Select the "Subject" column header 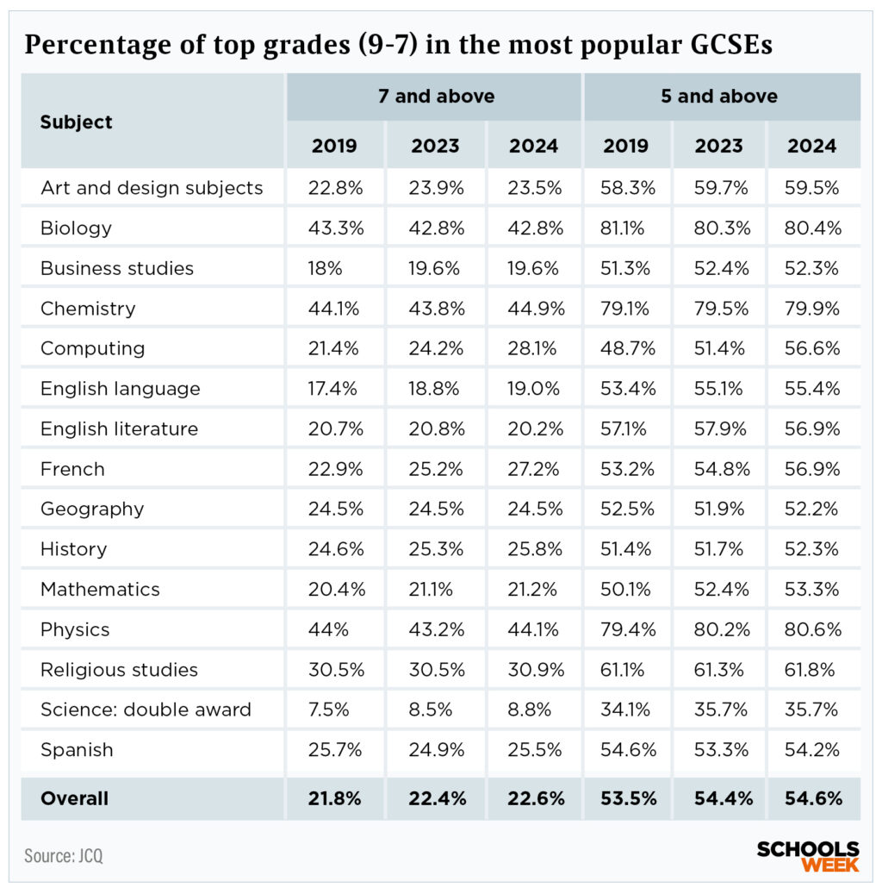point(76,122)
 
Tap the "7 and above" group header point(436,97)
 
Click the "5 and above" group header point(719,97)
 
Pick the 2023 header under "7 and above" point(435,146)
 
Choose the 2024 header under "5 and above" point(811,146)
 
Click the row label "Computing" point(92,348)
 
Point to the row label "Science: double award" point(146,710)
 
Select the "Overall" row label point(74,798)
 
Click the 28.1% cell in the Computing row point(534,348)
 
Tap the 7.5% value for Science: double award point(327,710)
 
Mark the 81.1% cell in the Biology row point(626,228)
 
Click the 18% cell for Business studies point(325,268)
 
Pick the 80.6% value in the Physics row point(813,629)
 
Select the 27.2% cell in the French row point(534,469)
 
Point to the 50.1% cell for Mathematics point(626,590)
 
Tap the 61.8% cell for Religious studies point(813,670)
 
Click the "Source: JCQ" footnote point(63,856)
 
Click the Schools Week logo point(808,856)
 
